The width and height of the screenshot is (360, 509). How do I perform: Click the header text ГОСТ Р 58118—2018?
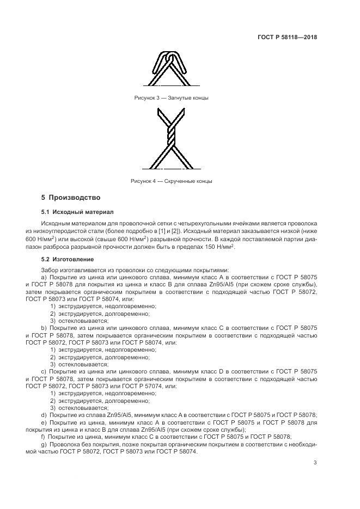click(x=287, y=38)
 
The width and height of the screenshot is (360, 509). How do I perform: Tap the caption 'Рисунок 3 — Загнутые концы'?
click(x=171, y=98)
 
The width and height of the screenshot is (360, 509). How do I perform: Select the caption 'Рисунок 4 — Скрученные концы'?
click(x=171, y=181)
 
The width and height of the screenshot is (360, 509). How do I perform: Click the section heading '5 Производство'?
click(x=71, y=197)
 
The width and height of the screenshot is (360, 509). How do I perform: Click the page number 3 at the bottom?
click(x=315, y=463)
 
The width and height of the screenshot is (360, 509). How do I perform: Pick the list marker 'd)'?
click(x=44, y=415)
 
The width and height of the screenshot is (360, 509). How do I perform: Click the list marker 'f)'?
click(x=43, y=437)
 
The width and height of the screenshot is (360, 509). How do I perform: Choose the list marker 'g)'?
click(x=44, y=445)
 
